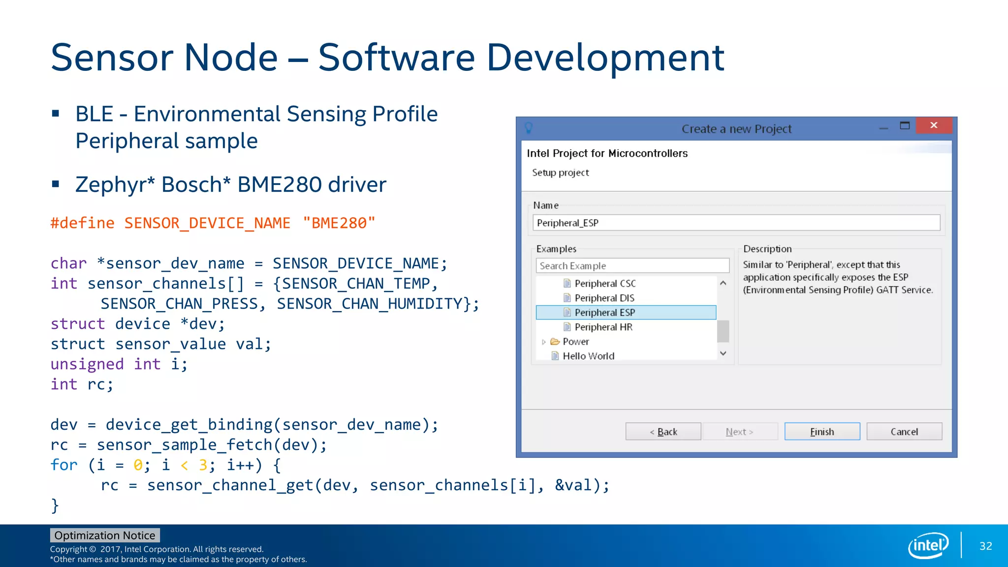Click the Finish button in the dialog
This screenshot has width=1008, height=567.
point(822,432)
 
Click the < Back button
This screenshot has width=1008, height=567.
point(663,432)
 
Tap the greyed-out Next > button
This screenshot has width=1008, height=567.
point(740,432)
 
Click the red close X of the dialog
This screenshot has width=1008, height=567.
point(934,126)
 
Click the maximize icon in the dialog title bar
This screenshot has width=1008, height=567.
point(905,126)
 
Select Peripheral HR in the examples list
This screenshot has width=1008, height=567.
point(603,327)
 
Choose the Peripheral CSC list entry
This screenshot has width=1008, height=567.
point(605,283)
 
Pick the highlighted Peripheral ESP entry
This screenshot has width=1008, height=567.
point(605,313)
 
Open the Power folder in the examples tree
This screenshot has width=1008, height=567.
point(575,342)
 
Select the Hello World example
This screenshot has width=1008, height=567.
point(588,356)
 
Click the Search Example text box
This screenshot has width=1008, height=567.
point(632,266)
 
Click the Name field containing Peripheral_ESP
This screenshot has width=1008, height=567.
point(736,223)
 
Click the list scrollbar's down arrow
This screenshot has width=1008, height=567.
point(723,353)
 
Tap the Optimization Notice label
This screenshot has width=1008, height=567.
point(105,535)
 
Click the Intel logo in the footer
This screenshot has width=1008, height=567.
point(928,545)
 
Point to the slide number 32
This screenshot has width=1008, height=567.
point(985,546)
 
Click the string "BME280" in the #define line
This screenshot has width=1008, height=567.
point(339,223)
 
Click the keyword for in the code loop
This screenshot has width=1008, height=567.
point(64,465)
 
